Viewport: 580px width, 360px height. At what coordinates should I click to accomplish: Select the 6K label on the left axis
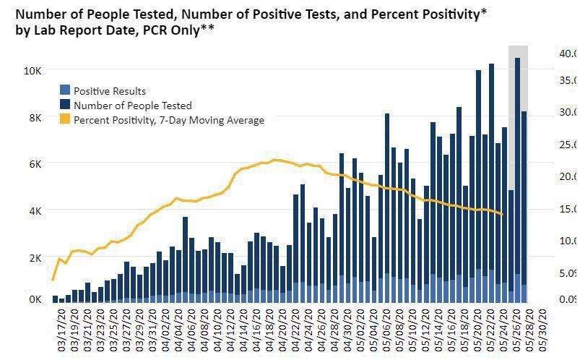33,164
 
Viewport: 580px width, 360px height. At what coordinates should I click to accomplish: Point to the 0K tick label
33,298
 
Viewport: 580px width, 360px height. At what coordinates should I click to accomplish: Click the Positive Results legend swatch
65,91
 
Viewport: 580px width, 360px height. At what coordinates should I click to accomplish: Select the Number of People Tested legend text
132,106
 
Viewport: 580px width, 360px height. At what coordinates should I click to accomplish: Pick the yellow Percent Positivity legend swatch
65,120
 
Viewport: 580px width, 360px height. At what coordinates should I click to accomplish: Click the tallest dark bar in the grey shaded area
517,173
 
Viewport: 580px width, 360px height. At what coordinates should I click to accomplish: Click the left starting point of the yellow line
53,279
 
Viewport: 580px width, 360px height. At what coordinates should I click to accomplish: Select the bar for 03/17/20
56,299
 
